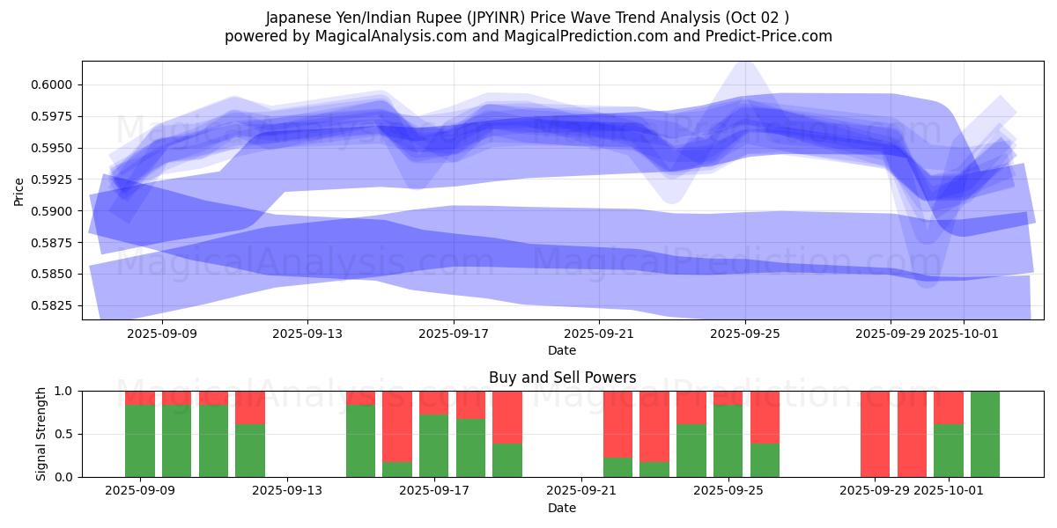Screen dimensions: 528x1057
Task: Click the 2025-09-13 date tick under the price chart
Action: (x=307, y=334)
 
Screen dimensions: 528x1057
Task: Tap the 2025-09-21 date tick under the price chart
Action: (x=599, y=334)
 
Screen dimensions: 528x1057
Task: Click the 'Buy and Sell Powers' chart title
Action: (x=562, y=378)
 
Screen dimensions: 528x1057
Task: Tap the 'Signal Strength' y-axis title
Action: (x=41, y=434)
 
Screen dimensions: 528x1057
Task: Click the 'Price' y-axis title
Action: (x=18, y=190)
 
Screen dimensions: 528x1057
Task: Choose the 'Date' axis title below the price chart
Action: (x=562, y=350)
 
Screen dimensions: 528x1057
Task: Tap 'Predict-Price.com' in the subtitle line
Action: (x=765, y=36)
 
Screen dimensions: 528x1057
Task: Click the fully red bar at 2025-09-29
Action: (x=875, y=434)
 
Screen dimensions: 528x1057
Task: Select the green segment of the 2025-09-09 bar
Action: (x=140, y=441)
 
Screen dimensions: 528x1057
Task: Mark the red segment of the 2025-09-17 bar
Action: (x=433, y=402)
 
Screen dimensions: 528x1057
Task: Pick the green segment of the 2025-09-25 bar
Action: (x=728, y=441)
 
